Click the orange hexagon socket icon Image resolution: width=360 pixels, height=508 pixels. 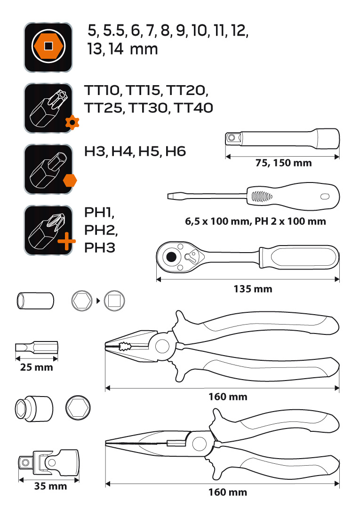click(x=48, y=47)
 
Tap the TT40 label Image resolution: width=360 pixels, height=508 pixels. click(x=193, y=108)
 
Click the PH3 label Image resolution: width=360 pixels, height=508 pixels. click(x=100, y=248)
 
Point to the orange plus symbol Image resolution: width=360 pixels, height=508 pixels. click(x=67, y=241)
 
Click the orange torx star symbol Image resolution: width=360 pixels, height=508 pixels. click(x=72, y=122)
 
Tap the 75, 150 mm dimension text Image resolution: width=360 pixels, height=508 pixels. click(x=283, y=163)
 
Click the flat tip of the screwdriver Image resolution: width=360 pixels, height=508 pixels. click(x=168, y=196)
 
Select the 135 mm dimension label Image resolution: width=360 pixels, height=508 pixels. click(x=253, y=289)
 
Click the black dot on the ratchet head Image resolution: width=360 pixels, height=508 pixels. click(x=171, y=257)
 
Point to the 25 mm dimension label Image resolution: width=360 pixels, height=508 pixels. click(x=36, y=367)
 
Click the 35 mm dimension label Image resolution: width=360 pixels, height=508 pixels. click(x=50, y=486)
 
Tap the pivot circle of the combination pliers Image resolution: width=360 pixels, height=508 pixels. click(x=162, y=346)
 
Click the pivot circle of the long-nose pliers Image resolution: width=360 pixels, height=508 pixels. click(x=199, y=443)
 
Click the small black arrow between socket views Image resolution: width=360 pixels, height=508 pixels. click(x=98, y=301)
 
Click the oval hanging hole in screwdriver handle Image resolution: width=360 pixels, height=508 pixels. click(x=325, y=197)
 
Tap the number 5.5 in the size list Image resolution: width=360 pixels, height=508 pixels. click(x=114, y=31)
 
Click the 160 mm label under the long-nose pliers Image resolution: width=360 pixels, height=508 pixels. click(x=228, y=492)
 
